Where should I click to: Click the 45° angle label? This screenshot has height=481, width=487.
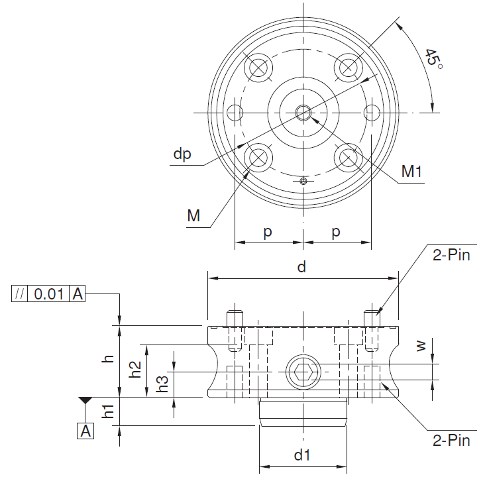pos(433,58)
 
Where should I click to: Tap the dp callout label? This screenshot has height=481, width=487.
pos(182,154)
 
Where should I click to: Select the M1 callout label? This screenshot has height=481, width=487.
pos(411,171)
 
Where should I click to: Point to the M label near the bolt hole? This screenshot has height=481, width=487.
pos(193,215)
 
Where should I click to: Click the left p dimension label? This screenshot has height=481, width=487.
pos(268,233)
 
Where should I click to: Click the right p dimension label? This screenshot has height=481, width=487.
pos(336,233)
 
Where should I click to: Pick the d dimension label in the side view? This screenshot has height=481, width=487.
pos(301,267)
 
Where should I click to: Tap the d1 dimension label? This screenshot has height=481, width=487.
pos(302,455)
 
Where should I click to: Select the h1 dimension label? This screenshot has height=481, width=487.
pos(108,411)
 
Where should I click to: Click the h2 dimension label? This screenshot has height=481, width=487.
pos(135,369)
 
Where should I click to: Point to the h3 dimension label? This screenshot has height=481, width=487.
pos(162,384)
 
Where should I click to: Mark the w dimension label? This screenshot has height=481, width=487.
pos(421,346)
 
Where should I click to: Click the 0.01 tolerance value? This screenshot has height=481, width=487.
pos(49,294)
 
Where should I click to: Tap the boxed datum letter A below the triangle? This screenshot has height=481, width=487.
pos(85,431)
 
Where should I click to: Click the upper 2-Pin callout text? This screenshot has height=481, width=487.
pos(451,255)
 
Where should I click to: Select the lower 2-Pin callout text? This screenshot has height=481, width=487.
pos(451,441)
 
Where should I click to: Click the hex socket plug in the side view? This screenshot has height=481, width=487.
pos(303,372)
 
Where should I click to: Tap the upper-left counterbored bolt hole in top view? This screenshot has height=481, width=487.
pos(258,68)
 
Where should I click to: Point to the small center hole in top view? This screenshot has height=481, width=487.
pos(303,113)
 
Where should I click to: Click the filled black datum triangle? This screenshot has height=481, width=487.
pos(85,400)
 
